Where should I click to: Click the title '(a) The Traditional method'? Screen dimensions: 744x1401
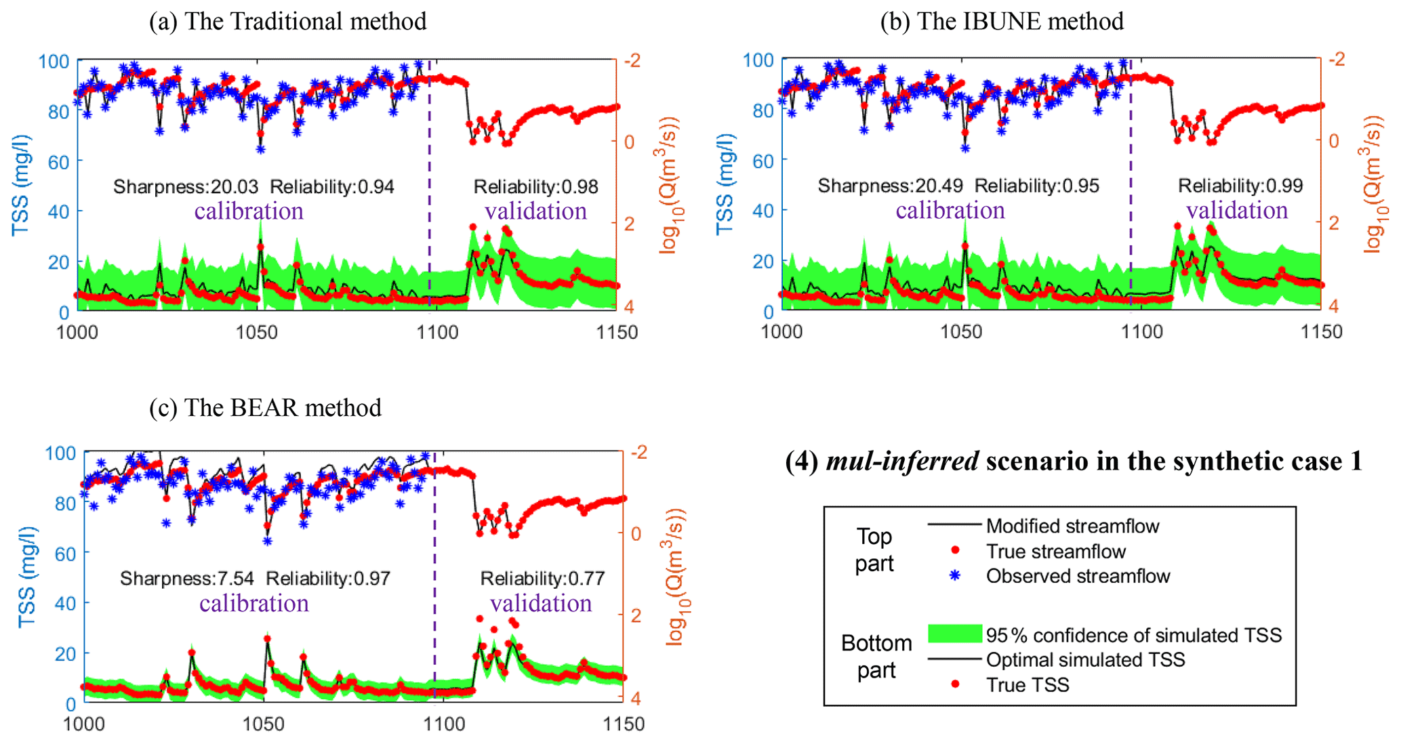[287, 22]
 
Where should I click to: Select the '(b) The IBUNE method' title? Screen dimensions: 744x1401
[1002, 22]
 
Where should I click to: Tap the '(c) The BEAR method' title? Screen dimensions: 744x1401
[265, 408]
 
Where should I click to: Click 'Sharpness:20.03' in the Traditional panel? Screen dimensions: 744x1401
[186, 186]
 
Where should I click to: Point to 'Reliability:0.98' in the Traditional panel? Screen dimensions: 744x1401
[535, 186]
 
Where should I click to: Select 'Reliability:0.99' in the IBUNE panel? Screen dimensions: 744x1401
[1240, 186]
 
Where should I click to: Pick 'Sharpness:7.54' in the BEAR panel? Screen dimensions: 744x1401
[187, 578]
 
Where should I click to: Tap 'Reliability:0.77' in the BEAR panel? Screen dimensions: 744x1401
[542, 578]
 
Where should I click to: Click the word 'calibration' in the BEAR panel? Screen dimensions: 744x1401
[253, 603]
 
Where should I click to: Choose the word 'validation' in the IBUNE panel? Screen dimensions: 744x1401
[1237, 211]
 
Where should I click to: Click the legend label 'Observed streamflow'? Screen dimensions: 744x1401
[1078, 576]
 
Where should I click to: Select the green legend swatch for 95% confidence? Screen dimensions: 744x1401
[954, 634]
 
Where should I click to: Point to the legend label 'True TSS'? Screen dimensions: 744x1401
[1028, 685]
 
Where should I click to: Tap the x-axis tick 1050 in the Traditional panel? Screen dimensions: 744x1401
[257, 332]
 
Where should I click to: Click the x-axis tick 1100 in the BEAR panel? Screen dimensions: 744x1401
[443, 724]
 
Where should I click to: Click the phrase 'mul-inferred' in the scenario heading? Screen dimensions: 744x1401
[902, 461]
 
